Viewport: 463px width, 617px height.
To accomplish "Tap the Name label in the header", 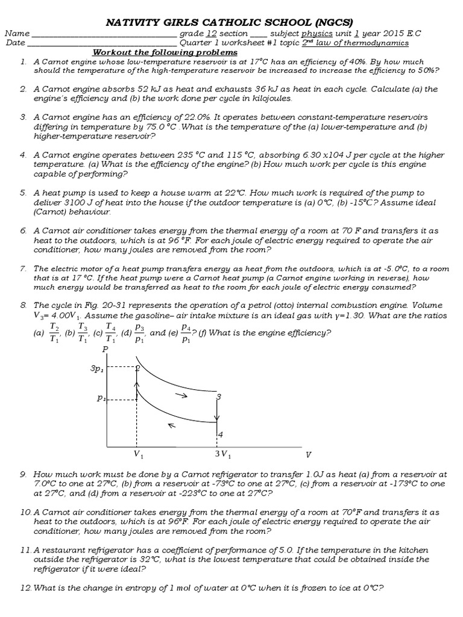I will click(18, 34).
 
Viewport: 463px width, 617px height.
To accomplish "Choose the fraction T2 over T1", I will click(54, 332).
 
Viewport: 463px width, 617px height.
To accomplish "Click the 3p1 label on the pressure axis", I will click(98, 368).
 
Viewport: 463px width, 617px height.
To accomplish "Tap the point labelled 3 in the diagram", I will click(219, 396).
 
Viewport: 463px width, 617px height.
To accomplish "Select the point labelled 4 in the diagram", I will click(220, 434).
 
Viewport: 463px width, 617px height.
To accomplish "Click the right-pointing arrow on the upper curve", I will click(181, 395).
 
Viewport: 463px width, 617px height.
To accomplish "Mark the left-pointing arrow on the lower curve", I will click(172, 425).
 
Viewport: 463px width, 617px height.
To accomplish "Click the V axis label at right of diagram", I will click(308, 454).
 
